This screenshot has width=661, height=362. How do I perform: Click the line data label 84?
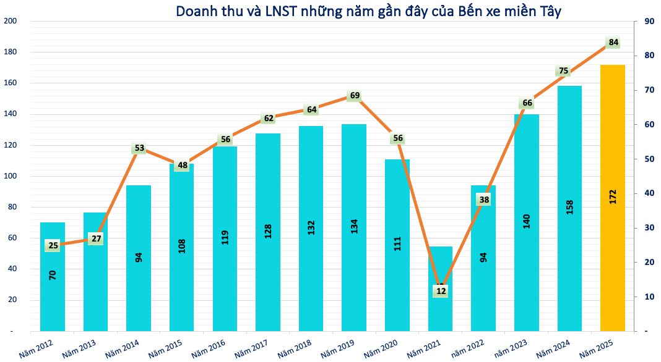(x=613, y=43)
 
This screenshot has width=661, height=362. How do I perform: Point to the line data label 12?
(x=441, y=291)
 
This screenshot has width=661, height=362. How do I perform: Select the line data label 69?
(x=355, y=96)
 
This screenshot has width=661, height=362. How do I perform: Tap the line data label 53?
(x=139, y=148)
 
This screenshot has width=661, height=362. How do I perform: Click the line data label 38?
(x=483, y=200)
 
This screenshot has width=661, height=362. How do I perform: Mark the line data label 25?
(x=53, y=246)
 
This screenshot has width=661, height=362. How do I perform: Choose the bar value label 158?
(x=569, y=206)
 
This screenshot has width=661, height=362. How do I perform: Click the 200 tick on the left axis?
(x=11, y=22)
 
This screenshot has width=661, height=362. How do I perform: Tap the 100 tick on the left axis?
(x=11, y=176)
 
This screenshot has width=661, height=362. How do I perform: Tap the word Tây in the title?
(x=548, y=11)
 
